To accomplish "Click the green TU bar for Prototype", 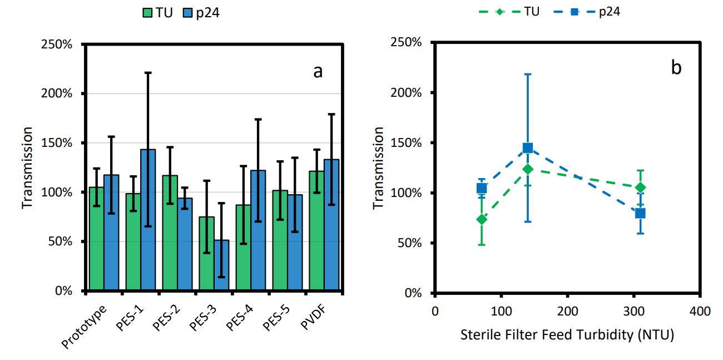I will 96,239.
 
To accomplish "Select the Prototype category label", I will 83,326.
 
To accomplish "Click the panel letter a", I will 318,71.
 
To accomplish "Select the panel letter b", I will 676,67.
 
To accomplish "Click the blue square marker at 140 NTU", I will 528,148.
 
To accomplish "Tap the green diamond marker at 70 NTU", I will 482,219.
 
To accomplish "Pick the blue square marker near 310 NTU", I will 640,213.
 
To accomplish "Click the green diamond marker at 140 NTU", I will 528,169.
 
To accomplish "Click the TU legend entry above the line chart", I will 531,11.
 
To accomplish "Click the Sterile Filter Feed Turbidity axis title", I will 567,336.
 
